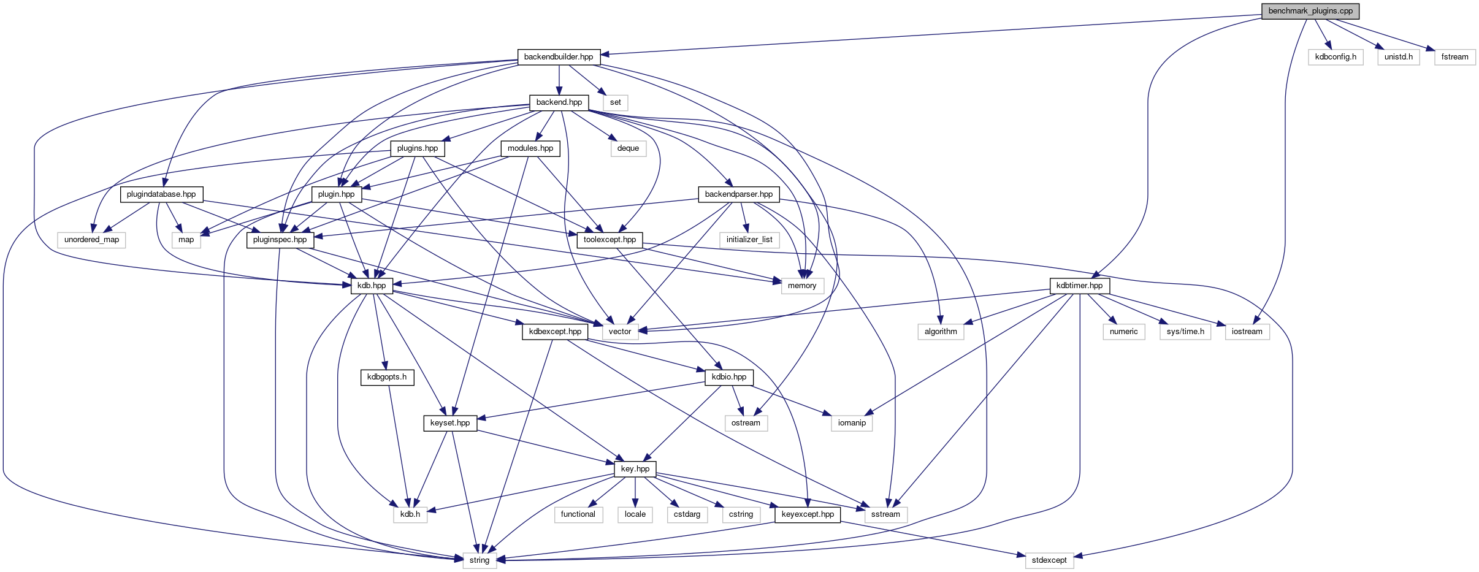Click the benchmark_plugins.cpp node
(x=1310, y=11)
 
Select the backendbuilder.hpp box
(x=559, y=57)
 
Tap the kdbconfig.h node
(x=1336, y=57)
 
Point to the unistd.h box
(x=1399, y=57)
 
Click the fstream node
(x=1455, y=57)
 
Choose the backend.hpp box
(x=559, y=102)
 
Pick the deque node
(x=629, y=148)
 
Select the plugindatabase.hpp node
(x=161, y=194)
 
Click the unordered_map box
(x=92, y=240)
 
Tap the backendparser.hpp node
(x=739, y=194)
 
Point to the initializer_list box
(x=749, y=240)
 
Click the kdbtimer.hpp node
(x=1080, y=286)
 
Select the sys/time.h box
(x=1185, y=332)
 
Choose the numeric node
(x=1124, y=332)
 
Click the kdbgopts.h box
(x=387, y=377)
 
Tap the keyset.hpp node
(x=450, y=423)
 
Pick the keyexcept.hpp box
(x=808, y=514)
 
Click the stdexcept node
(x=1049, y=560)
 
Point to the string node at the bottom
(x=480, y=560)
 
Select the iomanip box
(x=852, y=423)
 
